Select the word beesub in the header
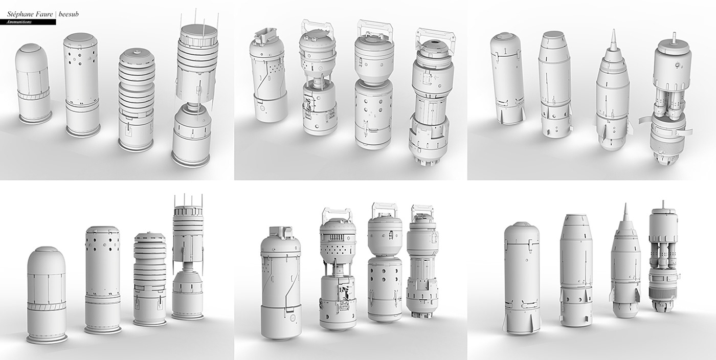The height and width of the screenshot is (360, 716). [69, 14]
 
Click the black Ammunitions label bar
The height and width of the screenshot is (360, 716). [28, 22]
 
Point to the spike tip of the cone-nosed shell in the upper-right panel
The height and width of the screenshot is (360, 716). [614, 30]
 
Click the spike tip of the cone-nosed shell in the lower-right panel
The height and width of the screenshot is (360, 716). [623, 204]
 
